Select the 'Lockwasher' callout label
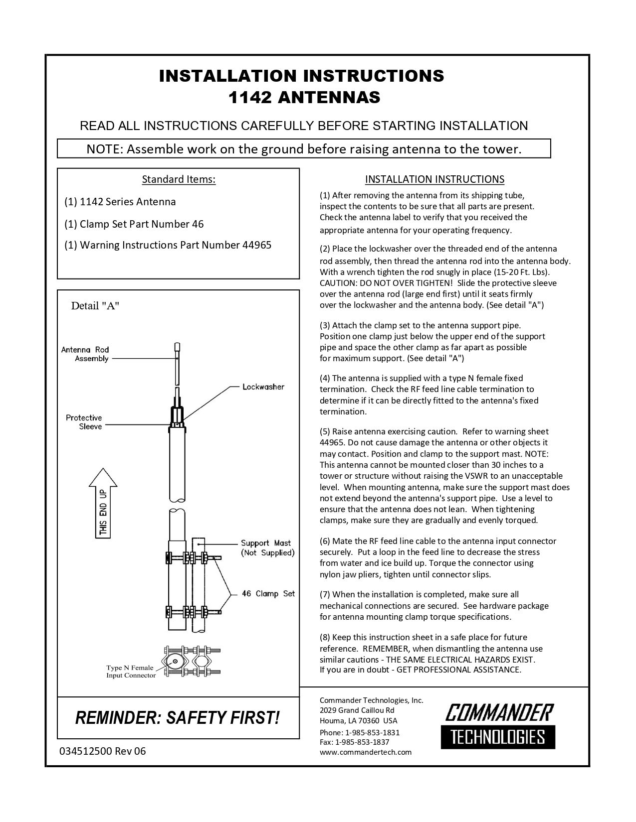click(x=263, y=387)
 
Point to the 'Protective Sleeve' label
click(x=84, y=422)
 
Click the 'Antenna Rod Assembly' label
click(x=85, y=354)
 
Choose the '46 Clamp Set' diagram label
click(x=268, y=593)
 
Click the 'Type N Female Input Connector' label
click(x=131, y=672)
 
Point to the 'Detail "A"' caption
click(x=95, y=306)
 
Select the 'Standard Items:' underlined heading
click(x=179, y=179)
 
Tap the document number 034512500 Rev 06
click(x=103, y=751)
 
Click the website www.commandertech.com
click(x=366, y=752)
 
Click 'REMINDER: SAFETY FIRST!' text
click(x=178, y=718)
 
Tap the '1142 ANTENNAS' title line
click(x=304, y=97)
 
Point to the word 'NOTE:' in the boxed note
click(x=105, y=149)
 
